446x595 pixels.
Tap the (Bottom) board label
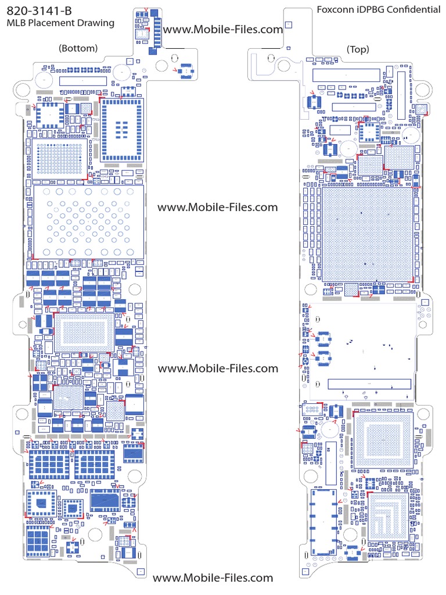(78, 48)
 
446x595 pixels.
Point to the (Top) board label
(357, 49)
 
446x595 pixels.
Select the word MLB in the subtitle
(16, 23)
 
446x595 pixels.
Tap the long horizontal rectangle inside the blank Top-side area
(369, 384)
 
